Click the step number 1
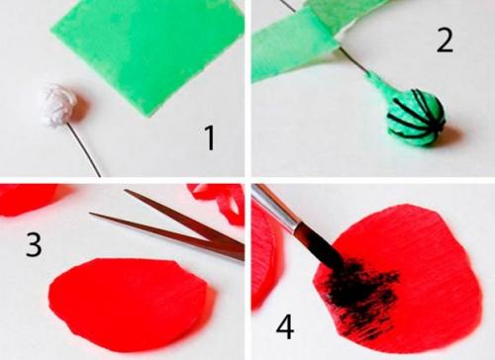coord(210,137)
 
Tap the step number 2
coord(445,41)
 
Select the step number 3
coord(34,244)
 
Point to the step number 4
coord(285,327)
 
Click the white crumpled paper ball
coord(59,106)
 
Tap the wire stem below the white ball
coord(85,150)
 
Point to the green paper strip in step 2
coord(297,43)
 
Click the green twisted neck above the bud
coord(379,88)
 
